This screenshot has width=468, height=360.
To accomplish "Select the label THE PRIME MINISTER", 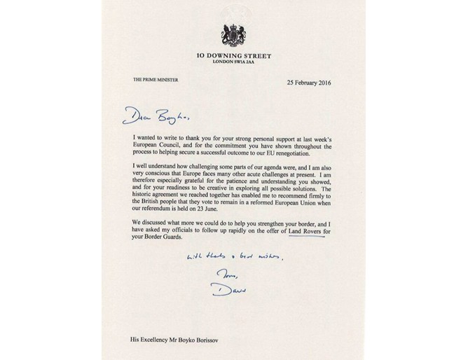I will [x=156, y=81].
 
